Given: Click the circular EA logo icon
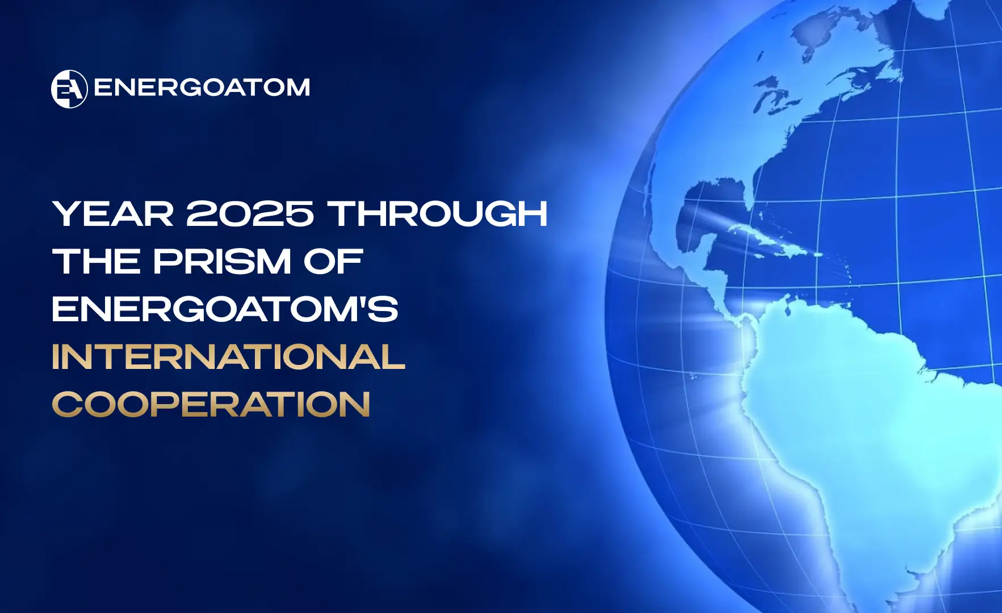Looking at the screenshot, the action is point(69,89).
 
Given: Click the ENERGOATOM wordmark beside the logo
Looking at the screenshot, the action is point(202,88).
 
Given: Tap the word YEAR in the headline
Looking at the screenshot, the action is point(113,213).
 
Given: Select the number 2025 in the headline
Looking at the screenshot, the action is point(250,213).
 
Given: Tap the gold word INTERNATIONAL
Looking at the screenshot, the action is point(229,356).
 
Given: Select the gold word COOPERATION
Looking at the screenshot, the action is point(211,404).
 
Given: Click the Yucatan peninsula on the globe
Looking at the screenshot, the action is point(707,247).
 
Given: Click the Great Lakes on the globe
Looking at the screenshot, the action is point(778,96).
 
